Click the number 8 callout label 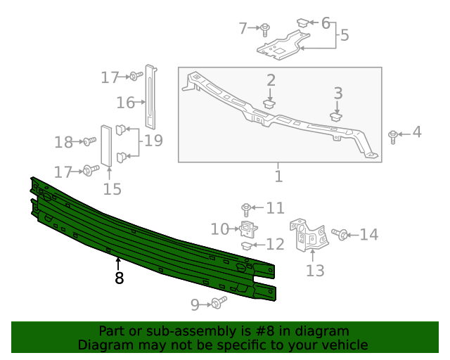pyautogui.click(x=119, y=278)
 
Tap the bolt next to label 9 pyautogui.click(x=219, y=303)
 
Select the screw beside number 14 pyautogui.click(x=341, y=234)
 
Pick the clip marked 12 pyautogui.click(x=247, y=245)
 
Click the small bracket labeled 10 pyautogui.click(x=247, y=229)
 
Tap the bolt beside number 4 pyautogui.click(x=393, y=135)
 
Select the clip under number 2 pyautogui.click(x=270, y=104)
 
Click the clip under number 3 pyautogui.click(x=337, y=117)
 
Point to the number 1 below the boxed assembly pyautogui.click(x=278, y=176)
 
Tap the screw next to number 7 pyautogui.click(x=266, y=29)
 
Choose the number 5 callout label pyautogui.click(x=344, y=34)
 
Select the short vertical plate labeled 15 pyautogui.click(x=106, y=147)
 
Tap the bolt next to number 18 pyautogui.click(x=89, y=142)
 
